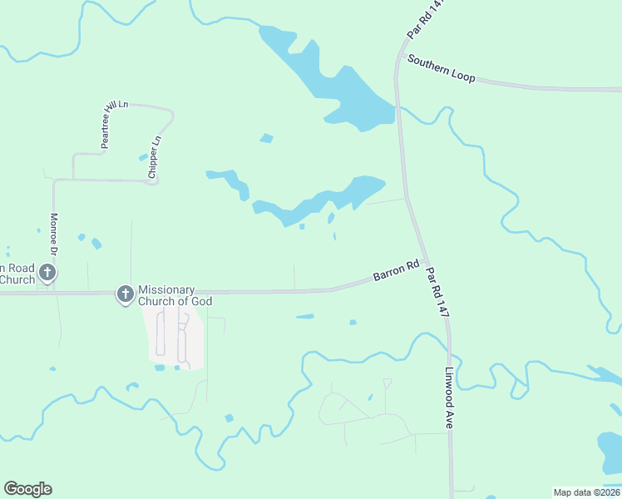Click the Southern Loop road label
point(441,69)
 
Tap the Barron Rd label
point(396,271)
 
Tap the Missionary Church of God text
point(175,294)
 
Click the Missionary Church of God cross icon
point(125,294)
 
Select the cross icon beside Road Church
point(47,273)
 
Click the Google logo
point(27,489)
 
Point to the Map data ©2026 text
point(586,492)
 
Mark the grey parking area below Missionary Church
point(175,337)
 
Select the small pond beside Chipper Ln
point(143,157)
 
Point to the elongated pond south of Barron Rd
point(305,316)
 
